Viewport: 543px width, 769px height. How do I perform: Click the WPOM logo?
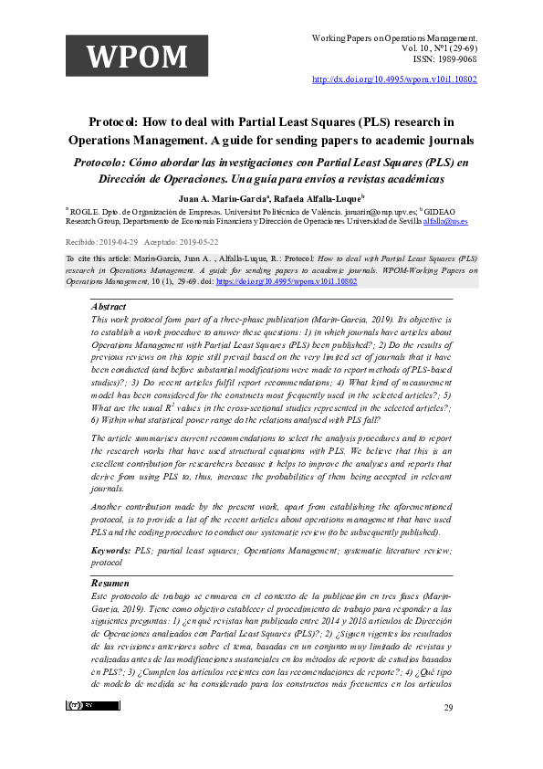137,56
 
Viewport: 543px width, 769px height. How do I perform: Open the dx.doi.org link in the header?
394,79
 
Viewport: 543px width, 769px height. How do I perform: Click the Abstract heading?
109,307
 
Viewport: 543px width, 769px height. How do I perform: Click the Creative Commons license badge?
92,732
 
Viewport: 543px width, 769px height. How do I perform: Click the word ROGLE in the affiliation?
88,209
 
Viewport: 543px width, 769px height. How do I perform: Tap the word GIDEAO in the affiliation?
462,209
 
